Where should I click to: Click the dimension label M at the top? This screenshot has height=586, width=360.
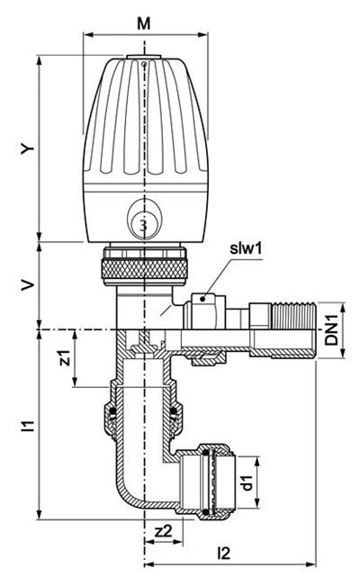click(144, 23)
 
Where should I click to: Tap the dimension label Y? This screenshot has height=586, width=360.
click(27, 149)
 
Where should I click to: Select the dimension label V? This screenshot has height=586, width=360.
click(27, 286)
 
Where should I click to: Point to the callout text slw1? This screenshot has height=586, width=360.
click(246, 248)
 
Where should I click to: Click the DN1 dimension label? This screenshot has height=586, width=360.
click(331, 329)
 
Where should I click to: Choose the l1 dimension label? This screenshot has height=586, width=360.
click(27, 426)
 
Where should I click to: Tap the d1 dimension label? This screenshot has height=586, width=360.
click(247, 482)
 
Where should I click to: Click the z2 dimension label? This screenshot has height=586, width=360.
click(164, 530)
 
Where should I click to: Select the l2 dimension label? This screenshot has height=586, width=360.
click(223, 553)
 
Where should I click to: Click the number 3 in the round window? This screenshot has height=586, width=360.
click(144, 225)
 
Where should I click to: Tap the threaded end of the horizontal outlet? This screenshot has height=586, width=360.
click(293, 315)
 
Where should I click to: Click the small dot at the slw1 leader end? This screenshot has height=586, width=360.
click(202, 299)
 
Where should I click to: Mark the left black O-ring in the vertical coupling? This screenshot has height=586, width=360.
click(112, 411)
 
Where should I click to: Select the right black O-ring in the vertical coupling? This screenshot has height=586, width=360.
click(174, 411)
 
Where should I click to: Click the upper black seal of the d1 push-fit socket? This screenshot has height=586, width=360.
click(205, 453)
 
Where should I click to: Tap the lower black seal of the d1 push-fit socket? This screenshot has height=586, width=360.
click(205, 511)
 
